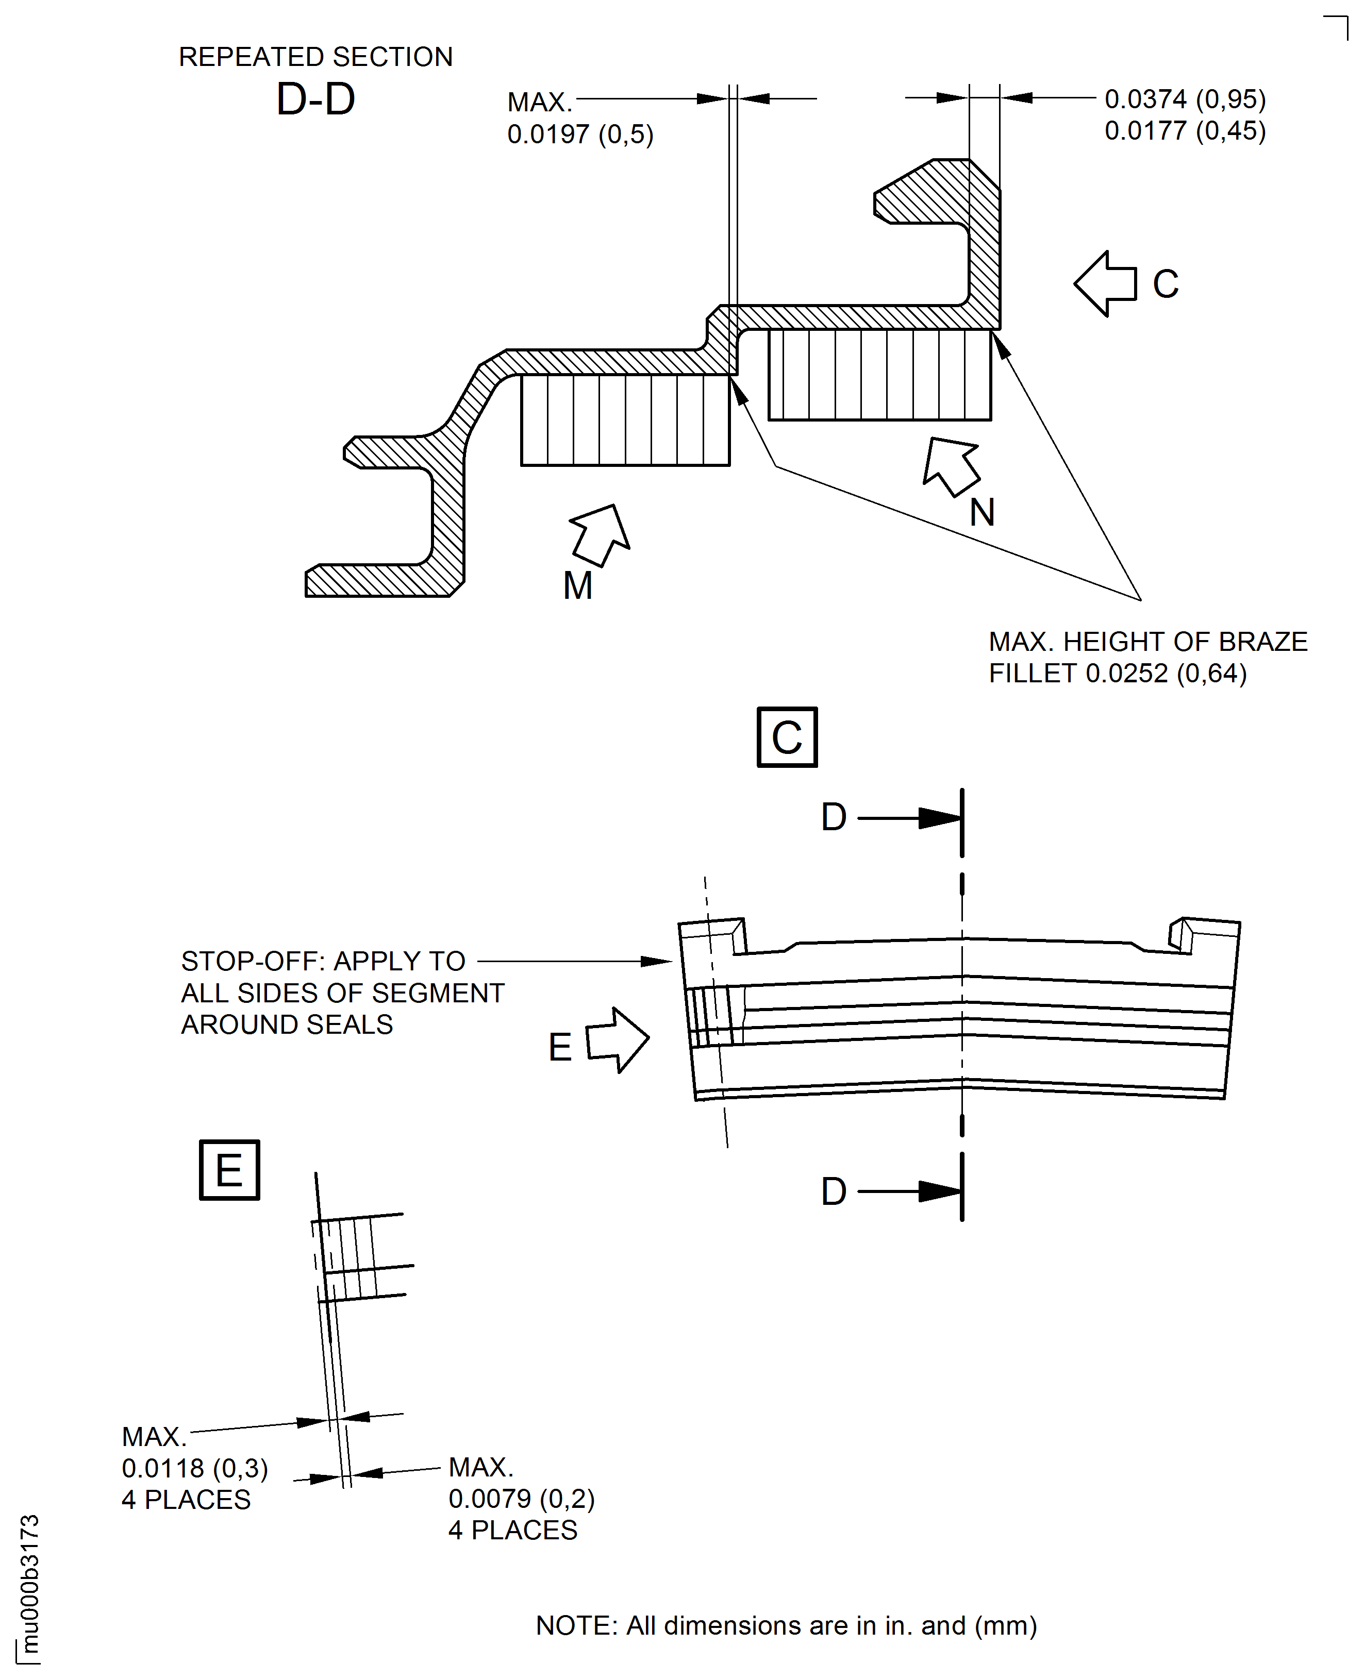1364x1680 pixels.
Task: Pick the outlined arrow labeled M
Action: pos(600,534)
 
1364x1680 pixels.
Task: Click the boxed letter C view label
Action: pos(787,737)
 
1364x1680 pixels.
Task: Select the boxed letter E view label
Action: pos(229,1170)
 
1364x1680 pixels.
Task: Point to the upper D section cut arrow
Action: pos(939,818)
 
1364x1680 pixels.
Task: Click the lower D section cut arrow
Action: pos(939,1191)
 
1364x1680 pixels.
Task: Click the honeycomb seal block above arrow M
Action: pos(625,420)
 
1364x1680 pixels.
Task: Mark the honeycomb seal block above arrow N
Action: pos(879,375)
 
